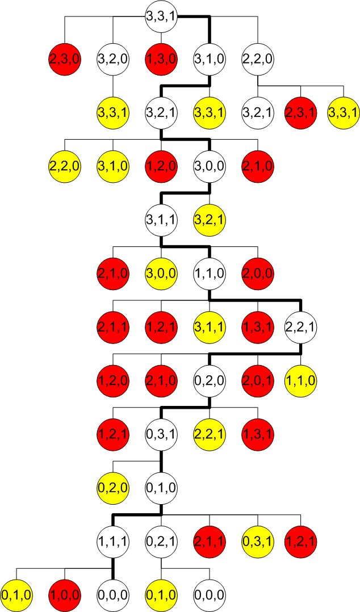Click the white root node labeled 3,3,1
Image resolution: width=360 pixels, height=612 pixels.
click(x=162, y=16)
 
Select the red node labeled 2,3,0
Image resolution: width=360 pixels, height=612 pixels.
click(x=65, y=58)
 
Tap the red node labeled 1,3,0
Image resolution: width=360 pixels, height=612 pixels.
click(x=162, y=58)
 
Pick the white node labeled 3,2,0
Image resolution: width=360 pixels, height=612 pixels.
click(x=113, y=58)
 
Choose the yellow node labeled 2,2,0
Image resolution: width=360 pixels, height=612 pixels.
click(x=65, y=165)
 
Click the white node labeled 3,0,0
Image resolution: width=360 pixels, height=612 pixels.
click(x=210, y=165)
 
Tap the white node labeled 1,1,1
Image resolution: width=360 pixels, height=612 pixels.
click(x=113, y=539)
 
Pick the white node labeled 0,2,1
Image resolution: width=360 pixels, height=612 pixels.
click(x=162, y=539)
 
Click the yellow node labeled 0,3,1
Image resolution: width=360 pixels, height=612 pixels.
click(x=258, y=539)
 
